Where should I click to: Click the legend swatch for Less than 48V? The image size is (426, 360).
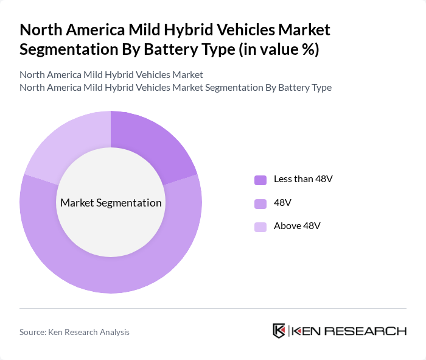[x=260, y=180]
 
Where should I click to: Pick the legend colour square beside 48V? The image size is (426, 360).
[x=260, y=203]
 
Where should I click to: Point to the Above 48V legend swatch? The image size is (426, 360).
[x=260, y=227]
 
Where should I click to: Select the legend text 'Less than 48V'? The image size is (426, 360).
[x=303, y=179]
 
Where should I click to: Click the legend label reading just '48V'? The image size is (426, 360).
[x=284, y=203]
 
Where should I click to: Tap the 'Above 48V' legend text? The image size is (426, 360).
[x=297, y=226]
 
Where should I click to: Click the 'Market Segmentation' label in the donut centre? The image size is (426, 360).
[x=111, y=203]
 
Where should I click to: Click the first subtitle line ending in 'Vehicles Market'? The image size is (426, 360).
[x=111, y=75]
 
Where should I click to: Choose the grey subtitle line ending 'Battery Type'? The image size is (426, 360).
[x=175, y=87]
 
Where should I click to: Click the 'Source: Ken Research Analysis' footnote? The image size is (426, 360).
[x=74, y=332]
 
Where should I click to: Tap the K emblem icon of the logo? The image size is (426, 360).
[x=279, y=331]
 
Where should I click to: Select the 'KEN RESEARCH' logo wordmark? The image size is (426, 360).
[x=349, y=331]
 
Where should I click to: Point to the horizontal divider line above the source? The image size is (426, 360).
[x=213, y=308]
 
